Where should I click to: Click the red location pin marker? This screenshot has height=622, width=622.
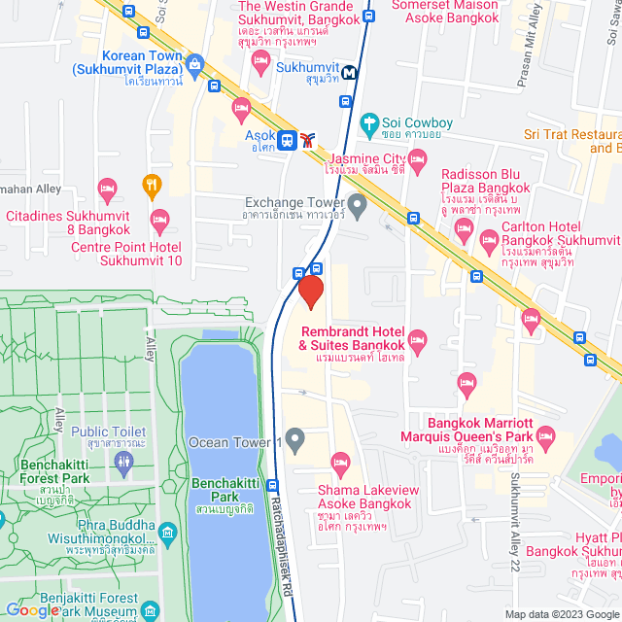[x=310, y=292]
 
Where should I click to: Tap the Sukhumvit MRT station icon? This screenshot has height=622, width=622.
[x=349, y=71]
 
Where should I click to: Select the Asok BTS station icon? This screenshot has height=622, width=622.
[x=287, y=140]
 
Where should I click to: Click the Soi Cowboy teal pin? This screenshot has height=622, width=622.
[x=368, y=123]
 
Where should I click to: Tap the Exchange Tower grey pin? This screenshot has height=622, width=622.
[x=358, y=204]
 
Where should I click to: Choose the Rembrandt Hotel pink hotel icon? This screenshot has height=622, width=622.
[x=418, y=339]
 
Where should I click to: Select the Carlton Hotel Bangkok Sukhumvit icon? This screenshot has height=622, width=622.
[x=465, y=231]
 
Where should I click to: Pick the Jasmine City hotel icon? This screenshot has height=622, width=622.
[x=418, y=167]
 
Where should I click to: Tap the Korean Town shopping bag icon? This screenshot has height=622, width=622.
[x=194, y=66]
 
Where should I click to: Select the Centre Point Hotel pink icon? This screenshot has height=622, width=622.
[x=160, y=219]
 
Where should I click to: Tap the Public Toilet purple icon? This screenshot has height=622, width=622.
[x=122, y=465]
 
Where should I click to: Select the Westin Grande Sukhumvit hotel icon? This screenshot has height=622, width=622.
[x=260, y=62]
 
